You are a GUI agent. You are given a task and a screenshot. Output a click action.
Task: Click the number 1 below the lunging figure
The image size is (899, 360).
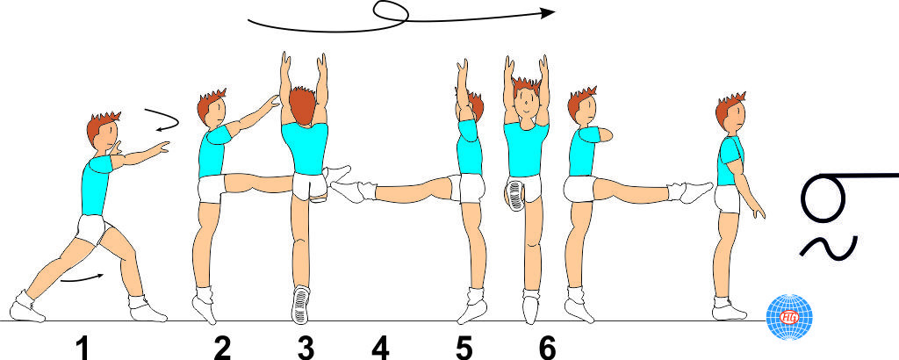pyautogui.click(x=83, y=348)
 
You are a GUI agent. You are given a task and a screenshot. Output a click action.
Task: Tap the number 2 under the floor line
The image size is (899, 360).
pyautogui.click(x=222, y=348)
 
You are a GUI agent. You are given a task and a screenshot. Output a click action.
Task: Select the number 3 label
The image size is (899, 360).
pyautogui.click(x=306, y=348)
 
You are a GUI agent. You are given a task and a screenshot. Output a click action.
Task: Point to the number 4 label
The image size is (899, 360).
pyautogui.click(x=380, y=348)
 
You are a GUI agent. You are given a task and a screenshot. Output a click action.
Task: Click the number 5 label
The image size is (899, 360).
pyautogui.click(x=464, y=348)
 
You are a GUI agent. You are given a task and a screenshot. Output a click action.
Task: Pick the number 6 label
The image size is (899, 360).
pyautogui.click(x=548, y=348)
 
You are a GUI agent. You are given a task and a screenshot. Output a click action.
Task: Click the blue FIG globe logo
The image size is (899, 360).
pyautogui.click(x=789, y=317)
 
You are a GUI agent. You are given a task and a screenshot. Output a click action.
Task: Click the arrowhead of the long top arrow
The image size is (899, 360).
pyautogui.click(x=550, y=12)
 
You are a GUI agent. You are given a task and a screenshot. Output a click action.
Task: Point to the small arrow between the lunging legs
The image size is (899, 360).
pyautogui.click(x=83, y=278)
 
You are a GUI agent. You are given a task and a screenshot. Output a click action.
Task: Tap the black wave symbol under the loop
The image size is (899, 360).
pyautogui.click(x=829, y=247)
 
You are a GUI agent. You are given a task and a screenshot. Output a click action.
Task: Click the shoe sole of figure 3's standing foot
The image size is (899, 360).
pyautogui.click(x=300, y=305)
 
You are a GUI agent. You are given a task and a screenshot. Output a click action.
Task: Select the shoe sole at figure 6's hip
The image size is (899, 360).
pyautogui.click(x=515, y=196)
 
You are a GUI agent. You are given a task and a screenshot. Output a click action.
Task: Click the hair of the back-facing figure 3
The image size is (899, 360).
pyautogui.click(x=302, y=104)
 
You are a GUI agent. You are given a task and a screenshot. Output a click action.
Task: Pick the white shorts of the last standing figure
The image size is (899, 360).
pyautogui.click(x=727, y=199)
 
